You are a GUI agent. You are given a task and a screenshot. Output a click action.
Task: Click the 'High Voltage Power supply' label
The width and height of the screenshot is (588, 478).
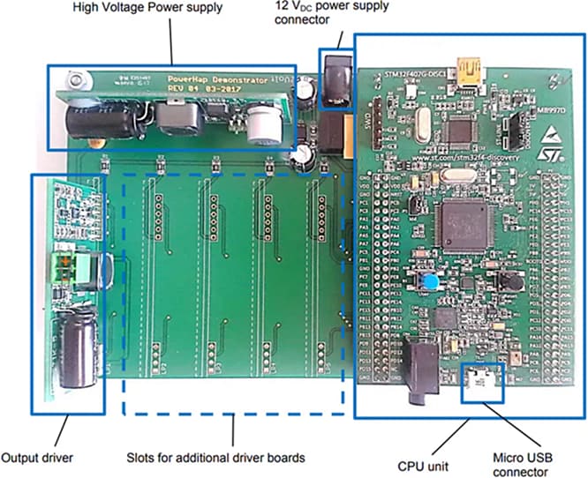pyautogui.click(x=146, y=9)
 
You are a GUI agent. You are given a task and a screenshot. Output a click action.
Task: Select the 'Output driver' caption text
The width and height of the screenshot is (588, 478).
pyautogui.click(x=36, y=457)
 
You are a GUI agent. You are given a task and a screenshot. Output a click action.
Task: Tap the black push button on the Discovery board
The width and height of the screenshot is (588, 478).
pyautogui.click(x=510, y=281)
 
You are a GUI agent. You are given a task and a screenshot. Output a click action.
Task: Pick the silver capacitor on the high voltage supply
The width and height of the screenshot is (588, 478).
pyautogui.click(x=261, y=125)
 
